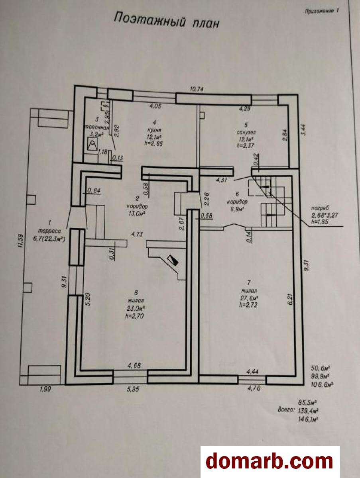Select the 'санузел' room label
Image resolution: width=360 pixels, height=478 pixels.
pyautogui.click(x=245, y=131)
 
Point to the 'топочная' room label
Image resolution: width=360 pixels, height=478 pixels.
pyautogui.click(x=96, y=128)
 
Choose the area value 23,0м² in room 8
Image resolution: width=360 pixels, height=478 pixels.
pyautogui.click(x=137, y=308)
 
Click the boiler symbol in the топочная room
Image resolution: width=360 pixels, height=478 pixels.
pyautogui.click(x=92, y=145)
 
